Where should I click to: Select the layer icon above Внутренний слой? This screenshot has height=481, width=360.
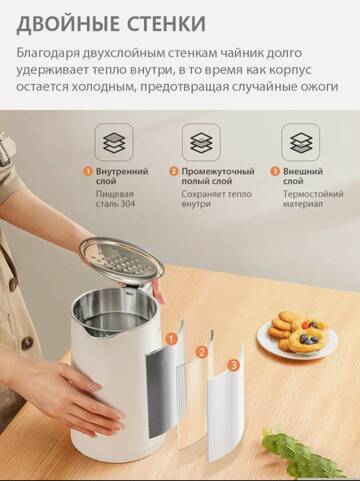click(x=114, y=142)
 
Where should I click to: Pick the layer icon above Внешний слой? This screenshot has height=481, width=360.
click(x=300, y=142)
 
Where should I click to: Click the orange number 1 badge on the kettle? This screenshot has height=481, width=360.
click(x=171, y=339)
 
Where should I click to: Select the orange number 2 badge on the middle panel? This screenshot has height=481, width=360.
click(x=203, y=352)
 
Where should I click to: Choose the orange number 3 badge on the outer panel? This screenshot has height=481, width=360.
click(x=234, y=366)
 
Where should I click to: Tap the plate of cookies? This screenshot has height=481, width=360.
click(x=297, y=336)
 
